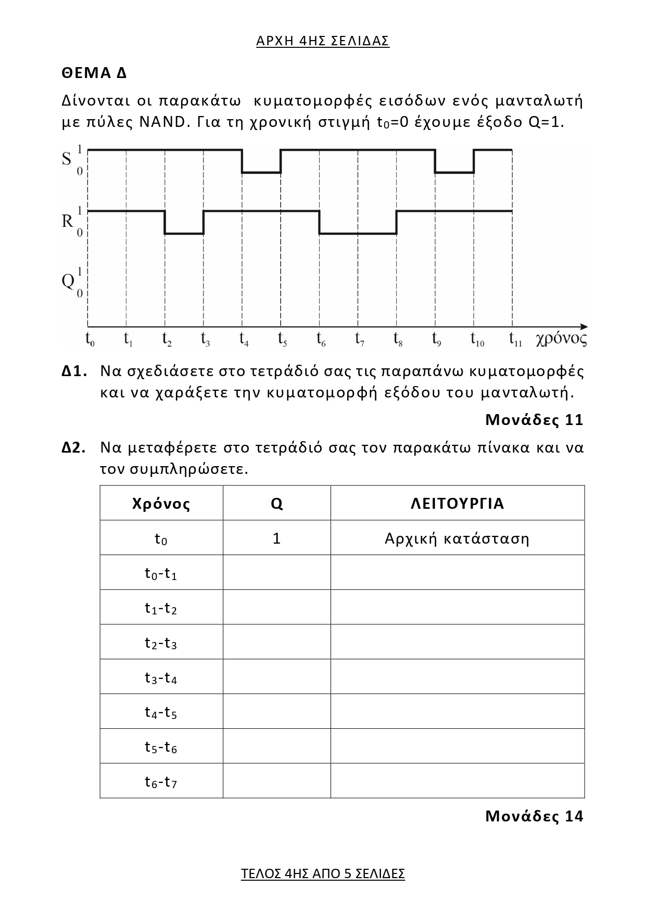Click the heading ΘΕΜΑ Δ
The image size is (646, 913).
(94, 73)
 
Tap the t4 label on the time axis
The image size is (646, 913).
(244, 339)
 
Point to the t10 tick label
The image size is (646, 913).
(477, 339)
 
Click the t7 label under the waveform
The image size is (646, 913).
(360, 339)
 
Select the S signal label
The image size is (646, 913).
(67, 159)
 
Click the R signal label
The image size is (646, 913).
(67, 222)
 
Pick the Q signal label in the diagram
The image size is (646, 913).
(68, 281)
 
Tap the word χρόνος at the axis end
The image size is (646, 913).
(561, 339)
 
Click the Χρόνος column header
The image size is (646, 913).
(161, 504)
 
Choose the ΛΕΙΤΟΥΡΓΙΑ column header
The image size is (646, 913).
(458, 504)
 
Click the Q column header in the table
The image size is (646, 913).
(277, 504)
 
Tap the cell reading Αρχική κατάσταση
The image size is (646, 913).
(457, 538)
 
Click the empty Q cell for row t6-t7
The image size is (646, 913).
(277, 781)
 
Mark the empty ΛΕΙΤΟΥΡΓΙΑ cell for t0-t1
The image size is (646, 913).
(457, 573)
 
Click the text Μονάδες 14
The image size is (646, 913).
(534, 816)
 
